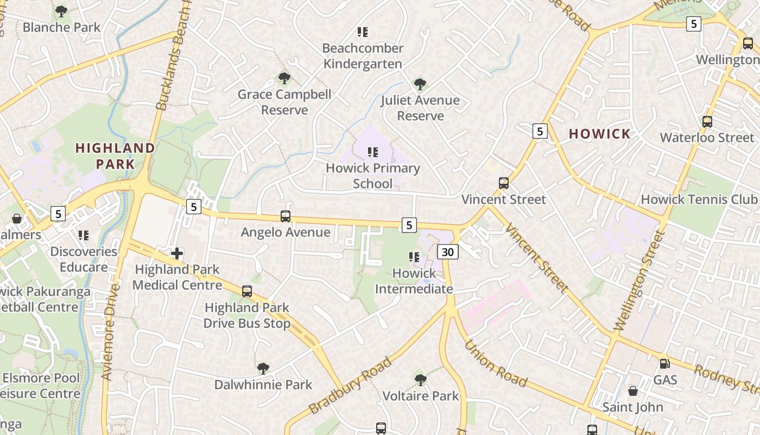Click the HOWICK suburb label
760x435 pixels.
pos(600,134)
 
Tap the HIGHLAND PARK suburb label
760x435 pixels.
pos(115,156)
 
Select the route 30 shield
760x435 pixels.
pos(447,252)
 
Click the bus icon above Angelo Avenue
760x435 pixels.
pos(286,216)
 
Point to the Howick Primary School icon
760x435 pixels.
pos(372,152)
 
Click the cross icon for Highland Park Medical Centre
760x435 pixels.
pos(177,253)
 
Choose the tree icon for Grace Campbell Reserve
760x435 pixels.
pos(284,78)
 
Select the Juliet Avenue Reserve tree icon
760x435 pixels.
pos(420,84)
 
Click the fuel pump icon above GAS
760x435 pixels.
pos(664,364)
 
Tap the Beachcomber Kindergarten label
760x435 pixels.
pos(363,56)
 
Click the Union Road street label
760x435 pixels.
pos(496,364)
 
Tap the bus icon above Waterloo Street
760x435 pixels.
pos(707,122)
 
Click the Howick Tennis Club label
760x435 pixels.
pos(699,199)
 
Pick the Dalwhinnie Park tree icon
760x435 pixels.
pos(263,369)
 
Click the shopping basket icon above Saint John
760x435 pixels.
pos(633,391)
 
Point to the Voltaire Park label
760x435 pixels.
pos(421,396)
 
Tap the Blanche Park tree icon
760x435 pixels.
pos(61,11)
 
